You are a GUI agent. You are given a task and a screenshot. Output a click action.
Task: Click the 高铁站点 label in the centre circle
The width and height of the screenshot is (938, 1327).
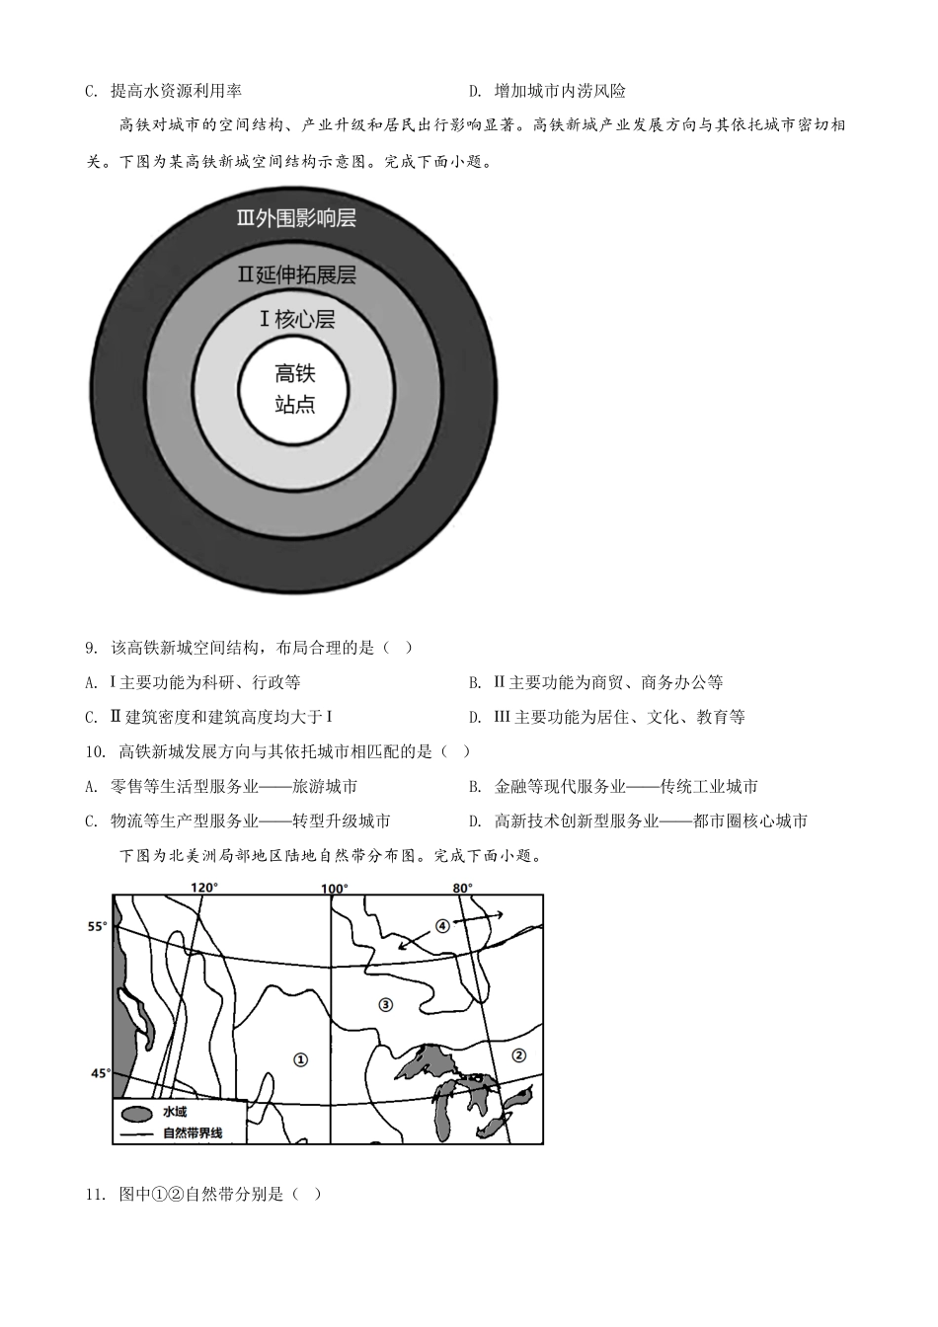click(295, 389)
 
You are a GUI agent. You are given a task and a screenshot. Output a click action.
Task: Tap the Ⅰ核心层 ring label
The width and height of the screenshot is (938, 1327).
click(296, 319)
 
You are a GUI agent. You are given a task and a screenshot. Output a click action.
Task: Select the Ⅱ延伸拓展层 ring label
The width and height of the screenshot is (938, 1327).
click(296, 274)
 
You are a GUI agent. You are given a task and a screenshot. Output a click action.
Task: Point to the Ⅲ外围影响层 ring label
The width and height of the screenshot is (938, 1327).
click(296, 218)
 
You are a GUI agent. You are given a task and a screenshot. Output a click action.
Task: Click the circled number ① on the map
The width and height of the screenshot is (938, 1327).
click(301, 1059)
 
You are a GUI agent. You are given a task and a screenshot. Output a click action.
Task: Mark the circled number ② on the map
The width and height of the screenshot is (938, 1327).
click(519, 1054)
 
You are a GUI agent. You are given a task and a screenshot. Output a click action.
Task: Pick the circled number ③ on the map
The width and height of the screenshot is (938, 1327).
click(385, 1004)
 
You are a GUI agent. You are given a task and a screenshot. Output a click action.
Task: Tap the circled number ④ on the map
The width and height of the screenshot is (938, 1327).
click(442, 925)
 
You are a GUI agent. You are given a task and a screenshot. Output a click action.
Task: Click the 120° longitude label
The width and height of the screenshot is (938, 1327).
click(204, 888)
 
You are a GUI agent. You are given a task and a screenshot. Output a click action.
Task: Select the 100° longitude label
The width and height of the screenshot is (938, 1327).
click(334, 888)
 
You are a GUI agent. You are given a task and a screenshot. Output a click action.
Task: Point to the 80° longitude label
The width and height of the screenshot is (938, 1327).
click(462, 888)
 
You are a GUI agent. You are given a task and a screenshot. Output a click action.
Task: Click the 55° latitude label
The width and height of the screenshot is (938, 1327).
click(97, 926)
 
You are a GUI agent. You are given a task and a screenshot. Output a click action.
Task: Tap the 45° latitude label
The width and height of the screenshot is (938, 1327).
click(100, 1072)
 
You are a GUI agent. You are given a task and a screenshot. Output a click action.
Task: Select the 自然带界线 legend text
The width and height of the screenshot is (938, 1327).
click(193, 1132)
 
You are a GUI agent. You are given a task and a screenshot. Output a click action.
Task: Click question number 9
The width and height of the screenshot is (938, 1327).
click(91, 648)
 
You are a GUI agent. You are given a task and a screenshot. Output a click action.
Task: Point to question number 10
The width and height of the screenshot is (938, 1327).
click(95, 751)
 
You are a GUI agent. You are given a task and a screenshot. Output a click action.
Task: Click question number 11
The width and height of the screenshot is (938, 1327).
click(95, 1194)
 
